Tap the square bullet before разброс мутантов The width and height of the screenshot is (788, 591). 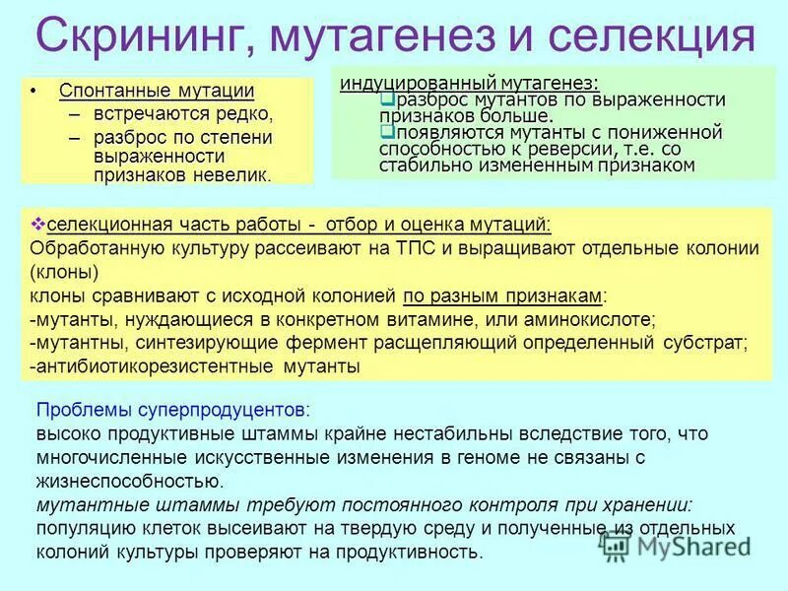tap(385, 99)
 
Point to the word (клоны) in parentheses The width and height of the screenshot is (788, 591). tap(63, 272)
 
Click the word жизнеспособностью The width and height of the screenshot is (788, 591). tap(129, 482)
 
